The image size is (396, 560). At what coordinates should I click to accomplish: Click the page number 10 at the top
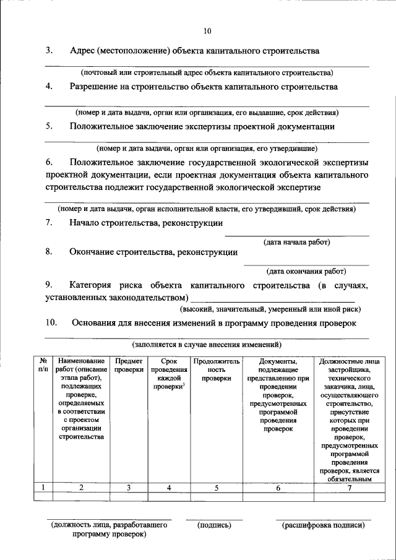click(207, 32)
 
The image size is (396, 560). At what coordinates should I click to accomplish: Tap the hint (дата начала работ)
click(297, 242)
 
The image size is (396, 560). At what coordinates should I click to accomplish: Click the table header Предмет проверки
click(128, 365)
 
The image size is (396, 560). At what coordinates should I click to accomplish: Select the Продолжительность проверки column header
click(216, 369)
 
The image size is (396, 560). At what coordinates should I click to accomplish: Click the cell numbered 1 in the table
click(43, 488)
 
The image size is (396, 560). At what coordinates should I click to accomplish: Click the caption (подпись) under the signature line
click(214, 525)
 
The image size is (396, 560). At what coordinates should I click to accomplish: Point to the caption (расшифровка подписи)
click(324, 525)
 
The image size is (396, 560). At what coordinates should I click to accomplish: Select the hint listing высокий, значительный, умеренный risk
click(270, 308)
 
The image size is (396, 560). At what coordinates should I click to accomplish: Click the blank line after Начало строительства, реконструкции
click(296, 235)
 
